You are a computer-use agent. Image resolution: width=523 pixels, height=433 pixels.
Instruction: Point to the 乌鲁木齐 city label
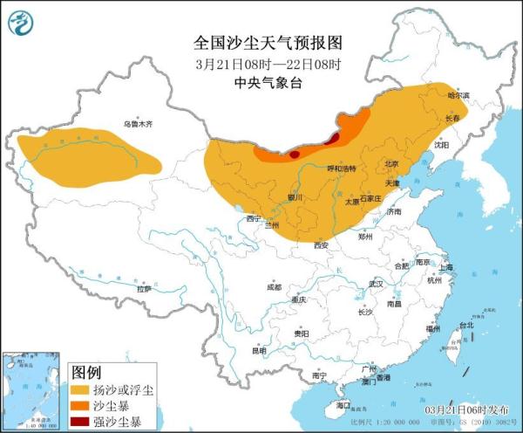pyautogui.click(x=137, y=124)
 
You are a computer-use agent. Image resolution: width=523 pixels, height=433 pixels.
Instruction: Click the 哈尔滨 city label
pyautogui.click(x=445, y=94)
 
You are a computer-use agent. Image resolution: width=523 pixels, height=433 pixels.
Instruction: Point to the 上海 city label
pyautogui.click(x=445, y=267)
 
